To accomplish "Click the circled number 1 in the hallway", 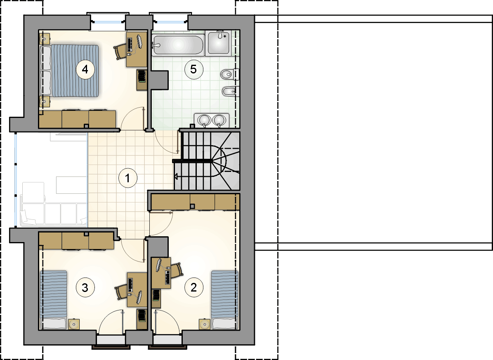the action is [x=127, y=178].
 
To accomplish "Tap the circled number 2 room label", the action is [x=193, y=287].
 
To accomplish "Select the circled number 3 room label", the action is [x=85, y=287].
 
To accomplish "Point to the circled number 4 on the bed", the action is [x=85, y=69].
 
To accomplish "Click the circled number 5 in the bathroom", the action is [x=193, y=69].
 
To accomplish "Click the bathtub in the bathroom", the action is [x=178, y=45].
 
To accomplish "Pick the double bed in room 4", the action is [x=70, y=71].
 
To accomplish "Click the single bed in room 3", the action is [x=54, y=300].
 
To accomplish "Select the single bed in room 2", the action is [x=224, y=300].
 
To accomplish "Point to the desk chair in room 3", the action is [x=121, y=292].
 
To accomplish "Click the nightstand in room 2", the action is [x=204, y=324].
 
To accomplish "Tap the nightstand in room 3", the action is [x=74, y=324].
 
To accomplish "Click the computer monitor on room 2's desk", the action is [x=159, y=265].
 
